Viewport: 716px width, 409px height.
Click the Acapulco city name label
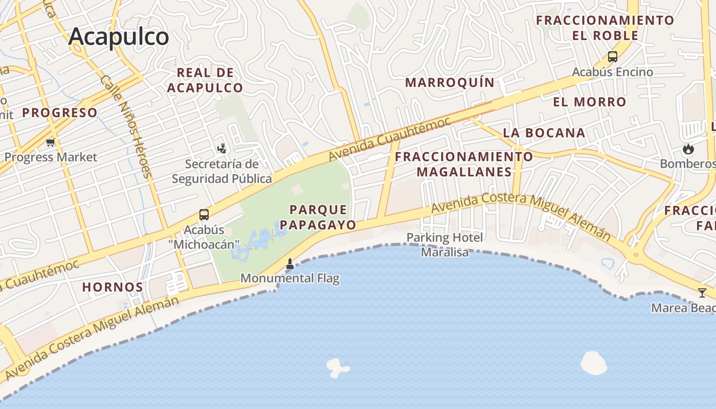(x=119, y=37)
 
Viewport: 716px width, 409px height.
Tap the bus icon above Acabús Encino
(x=612, y=57)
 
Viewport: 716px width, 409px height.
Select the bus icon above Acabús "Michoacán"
(x=204, y=214)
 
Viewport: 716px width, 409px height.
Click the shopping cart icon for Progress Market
(x=50, y=142)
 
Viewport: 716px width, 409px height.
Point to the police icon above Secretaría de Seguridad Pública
(x=221, y=149)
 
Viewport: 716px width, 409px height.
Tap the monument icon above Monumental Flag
(x=289, y=264)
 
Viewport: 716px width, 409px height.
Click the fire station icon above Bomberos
(x=688, y=149)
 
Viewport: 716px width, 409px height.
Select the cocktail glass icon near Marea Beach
(x=702, y=293)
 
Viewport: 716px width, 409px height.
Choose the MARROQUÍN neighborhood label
(x=450, y=82)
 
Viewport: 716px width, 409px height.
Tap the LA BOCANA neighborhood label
(x=544, y=133)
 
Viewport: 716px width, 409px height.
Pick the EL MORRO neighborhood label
(x=590, y=102)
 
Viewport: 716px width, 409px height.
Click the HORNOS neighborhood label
(x=113, y=287)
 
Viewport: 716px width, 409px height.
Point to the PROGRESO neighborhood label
(x=60, y=113)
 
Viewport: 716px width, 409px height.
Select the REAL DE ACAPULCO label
(x=205, y=80)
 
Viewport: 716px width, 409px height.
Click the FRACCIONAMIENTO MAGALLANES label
(x=464, y=164)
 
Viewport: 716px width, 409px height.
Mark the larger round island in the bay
(x=593, y=363)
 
